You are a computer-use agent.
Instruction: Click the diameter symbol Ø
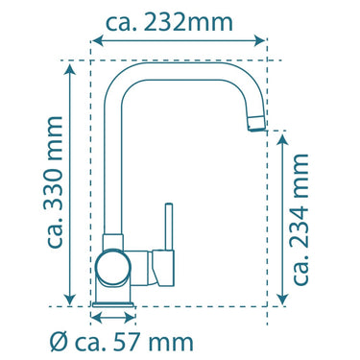coord(59,342)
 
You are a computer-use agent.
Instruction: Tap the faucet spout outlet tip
coord(256,124)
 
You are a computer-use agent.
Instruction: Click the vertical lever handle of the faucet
coord(169,227)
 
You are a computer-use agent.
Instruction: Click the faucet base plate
coord(113,304)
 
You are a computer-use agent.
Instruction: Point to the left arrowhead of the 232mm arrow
coord(97,40)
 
